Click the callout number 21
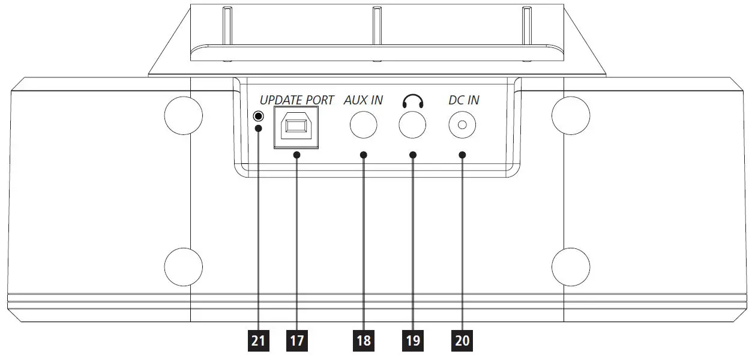click(x=258, y=341)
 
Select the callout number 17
click(x=297, y=341)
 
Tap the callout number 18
click(x=363, y=341)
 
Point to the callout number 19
click(x=413, y=341)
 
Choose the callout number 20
click(x=462, y=341)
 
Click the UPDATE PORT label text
click(x=296, y=100)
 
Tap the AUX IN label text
click(x=363, y=100)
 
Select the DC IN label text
click(x=464, y=100)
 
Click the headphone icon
click(x=413, y=101)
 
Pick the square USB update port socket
click(x=296, y=127)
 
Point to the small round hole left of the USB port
click(x=259, y=116)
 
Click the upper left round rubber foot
click(x=184, y=114)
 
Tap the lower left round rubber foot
click(x=184, y=266)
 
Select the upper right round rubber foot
click(x=571, y=114)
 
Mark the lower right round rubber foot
click(x=571, y=266)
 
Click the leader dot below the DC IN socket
click(x=462, y=155)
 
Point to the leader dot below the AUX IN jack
click(x=363, y=155)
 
